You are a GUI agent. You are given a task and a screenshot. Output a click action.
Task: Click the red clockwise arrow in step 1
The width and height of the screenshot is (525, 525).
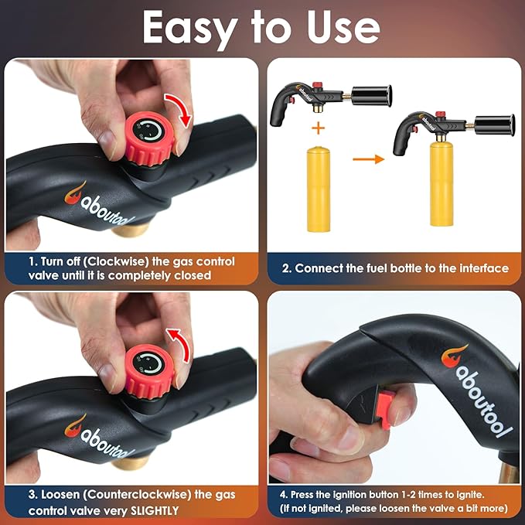pyautogui.click(x=179, y=109)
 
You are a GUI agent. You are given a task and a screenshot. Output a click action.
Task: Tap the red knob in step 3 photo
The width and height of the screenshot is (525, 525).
pyautogui.click(x=149, y=371)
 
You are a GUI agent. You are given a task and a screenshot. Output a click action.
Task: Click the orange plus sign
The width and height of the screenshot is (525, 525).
pyautogui.click(x=318, y=128)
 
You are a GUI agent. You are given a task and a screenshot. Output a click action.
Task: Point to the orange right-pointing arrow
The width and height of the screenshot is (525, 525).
pyautogui.click(x=368, y=159)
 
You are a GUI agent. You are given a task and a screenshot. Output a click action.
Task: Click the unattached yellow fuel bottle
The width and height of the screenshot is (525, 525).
pyautogui.click(x=319, y=189)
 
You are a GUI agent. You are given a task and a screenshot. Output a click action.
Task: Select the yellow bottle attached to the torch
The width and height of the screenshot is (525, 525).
pyautogui.click(x=441, y=183)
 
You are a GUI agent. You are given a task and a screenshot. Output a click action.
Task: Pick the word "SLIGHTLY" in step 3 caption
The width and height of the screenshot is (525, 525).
pyautogui.click(x=155, y=511)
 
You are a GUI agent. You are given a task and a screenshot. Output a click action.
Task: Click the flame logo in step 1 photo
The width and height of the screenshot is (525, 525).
pyautogui.click(x=74, y=193)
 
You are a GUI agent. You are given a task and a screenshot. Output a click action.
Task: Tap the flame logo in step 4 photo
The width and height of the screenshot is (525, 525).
pyautogui.click(x=453, y=356)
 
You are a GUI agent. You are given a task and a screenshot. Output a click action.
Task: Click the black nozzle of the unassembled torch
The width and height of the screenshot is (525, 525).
pyautogui.click(x=372, y=95)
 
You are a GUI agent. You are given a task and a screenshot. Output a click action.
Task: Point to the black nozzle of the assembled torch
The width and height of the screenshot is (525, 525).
pyautogui.click(x=495, y=124)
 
